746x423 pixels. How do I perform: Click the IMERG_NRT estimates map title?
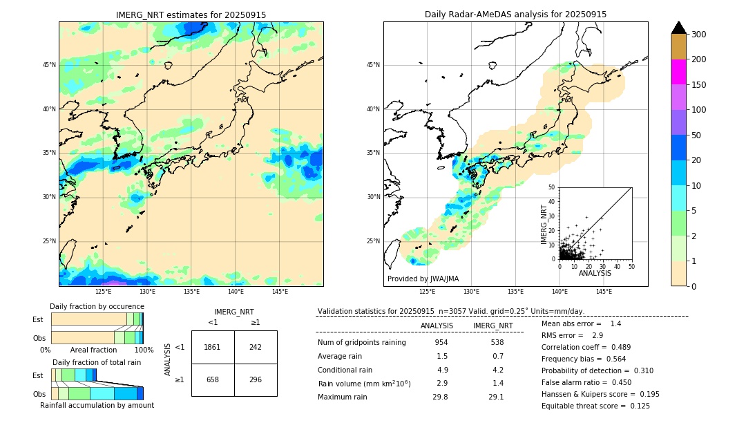(191, 15)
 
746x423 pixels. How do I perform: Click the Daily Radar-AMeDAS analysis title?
(515, 15)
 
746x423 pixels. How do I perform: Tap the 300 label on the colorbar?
(698, 35)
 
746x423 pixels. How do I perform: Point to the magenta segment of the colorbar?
(678, 72)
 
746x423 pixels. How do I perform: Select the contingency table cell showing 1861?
(213, 347)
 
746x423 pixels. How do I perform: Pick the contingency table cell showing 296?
(256, 379)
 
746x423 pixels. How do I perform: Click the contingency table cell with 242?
(256, 347)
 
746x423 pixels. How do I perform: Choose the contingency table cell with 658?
(213, 379)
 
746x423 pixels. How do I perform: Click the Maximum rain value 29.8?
(440, 397)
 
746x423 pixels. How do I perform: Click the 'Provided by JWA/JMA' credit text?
(423, 279)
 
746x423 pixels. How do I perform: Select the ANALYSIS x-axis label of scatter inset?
(595, 274)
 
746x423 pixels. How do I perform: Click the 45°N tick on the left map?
(49, 65)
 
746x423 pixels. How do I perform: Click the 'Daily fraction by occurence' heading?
(95, 306)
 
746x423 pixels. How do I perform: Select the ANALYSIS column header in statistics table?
(437, 326)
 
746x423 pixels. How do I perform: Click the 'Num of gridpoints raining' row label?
(361, 343)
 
